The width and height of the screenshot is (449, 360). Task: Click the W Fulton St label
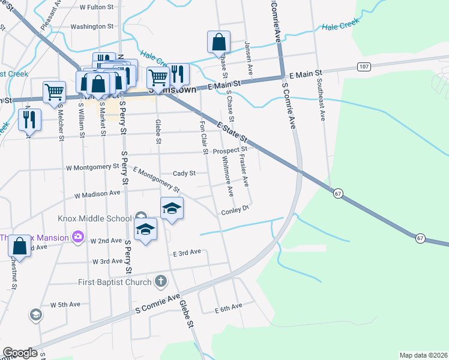pos(97,7)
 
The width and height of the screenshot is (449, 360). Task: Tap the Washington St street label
pos(92,26)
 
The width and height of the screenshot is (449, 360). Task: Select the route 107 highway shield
pos(363,67)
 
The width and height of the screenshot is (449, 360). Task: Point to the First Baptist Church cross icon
pos(160,280)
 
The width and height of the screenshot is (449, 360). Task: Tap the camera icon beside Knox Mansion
pos(77,237)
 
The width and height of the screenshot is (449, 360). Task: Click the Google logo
pos(20,353)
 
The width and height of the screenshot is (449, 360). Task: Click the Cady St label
pos(184,173)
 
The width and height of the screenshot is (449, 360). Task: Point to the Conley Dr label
pos(235,211)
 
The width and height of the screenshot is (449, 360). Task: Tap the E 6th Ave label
pos(228,307)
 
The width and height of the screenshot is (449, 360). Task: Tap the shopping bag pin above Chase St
pos(218,42)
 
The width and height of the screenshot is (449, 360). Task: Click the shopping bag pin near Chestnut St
pos(19,246)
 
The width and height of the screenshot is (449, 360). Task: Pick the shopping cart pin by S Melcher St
pos(54,92)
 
